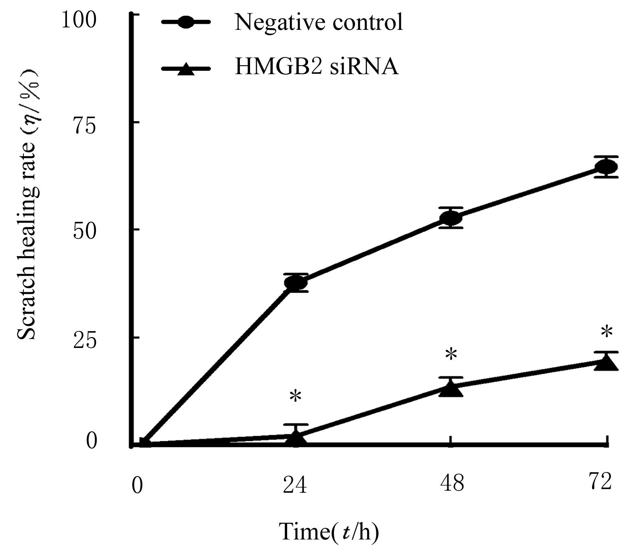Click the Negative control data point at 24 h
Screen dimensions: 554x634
(296, 283)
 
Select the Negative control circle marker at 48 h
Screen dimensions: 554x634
(450, 218)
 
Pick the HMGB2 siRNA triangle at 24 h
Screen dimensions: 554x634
(296, 439)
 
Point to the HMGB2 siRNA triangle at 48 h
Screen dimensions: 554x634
(450, 389)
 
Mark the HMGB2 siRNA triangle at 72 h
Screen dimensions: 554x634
(606, 363)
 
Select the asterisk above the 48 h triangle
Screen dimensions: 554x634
(451, 355)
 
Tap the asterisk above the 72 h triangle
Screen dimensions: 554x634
(606, 333)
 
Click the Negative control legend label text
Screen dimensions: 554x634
(319, 22)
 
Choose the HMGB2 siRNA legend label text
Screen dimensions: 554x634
(317, 67)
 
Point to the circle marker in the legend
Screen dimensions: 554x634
(186, 23)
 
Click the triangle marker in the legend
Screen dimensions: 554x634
(186, 69)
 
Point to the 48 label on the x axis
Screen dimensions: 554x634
(452, 483)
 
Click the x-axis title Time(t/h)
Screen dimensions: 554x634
(329, 532)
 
